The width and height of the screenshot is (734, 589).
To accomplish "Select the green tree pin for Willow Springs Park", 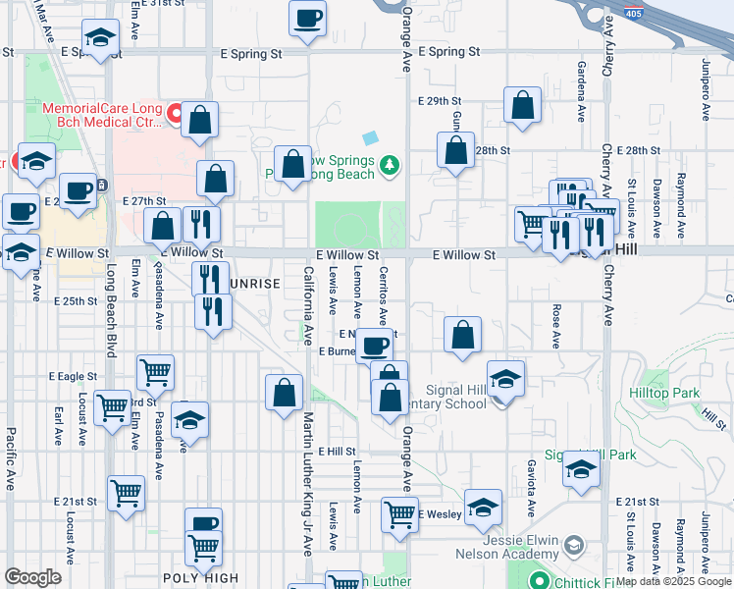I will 391,163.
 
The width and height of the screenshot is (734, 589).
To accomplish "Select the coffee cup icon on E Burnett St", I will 374,347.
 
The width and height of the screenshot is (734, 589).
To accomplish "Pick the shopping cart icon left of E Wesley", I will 399,513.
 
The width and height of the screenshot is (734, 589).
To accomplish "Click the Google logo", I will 32,577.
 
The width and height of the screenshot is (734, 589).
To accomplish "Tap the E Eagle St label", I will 73,376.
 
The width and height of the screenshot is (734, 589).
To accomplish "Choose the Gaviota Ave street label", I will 531,488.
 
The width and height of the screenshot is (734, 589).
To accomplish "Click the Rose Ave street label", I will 555,326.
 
